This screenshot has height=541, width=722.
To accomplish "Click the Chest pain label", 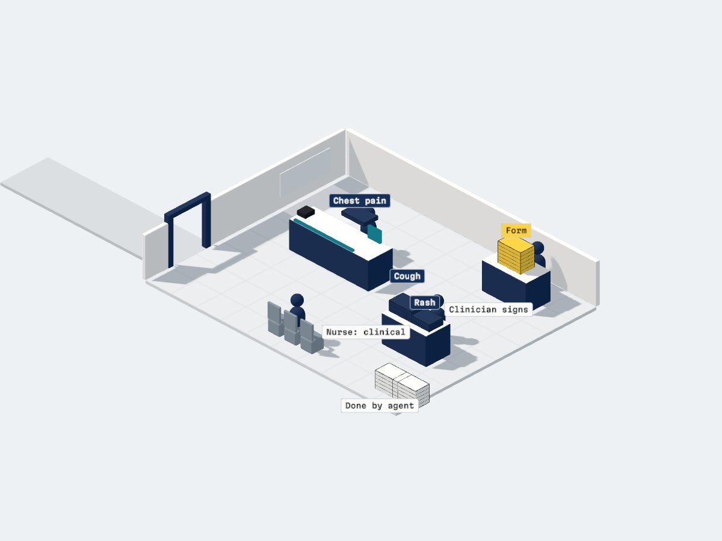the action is tap(360, 200).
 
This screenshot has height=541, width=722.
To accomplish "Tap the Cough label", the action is tap(407, 276).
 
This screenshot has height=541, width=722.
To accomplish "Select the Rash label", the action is tap(424, 302).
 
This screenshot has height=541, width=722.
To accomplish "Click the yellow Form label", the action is tap(516, 230).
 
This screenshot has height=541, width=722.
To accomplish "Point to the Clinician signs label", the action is tap(489, 310).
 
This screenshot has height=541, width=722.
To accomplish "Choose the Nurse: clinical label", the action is tap(366, 332).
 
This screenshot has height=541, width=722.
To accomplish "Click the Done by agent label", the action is tap(380, 406).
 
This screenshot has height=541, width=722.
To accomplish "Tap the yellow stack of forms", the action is tap(516, 255).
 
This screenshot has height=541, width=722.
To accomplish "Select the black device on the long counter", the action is tap(306, 212).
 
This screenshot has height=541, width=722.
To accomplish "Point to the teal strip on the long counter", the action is tap(324, 235).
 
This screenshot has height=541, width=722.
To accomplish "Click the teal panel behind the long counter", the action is tap(375, 234).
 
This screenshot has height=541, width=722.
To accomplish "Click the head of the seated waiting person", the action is tap(297, 300).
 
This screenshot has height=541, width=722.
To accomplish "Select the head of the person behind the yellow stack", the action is tap(538, 248).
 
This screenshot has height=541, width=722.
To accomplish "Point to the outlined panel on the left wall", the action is tap(304, 172).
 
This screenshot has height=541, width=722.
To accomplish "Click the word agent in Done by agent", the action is tap(401, 406).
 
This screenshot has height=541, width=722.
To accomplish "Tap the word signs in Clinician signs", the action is tap(515, 310).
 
